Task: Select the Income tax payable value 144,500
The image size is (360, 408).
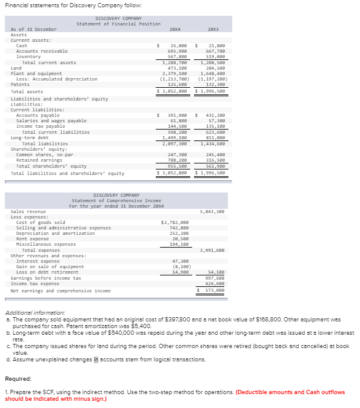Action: (x=177, y=127)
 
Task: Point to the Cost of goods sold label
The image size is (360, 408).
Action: (x=41, y=222)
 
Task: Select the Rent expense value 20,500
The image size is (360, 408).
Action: (x=179, y=239)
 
